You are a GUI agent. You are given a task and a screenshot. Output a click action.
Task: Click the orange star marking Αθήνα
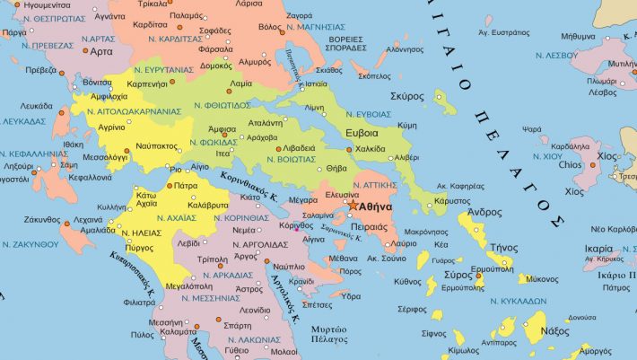pyautogui.click(x=353, y=206)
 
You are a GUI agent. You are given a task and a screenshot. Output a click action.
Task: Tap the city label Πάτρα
pyautogui.click(x=186, y=186)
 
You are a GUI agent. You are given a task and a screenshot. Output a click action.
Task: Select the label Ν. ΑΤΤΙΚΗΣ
pyautogui.click(x=373, y=183)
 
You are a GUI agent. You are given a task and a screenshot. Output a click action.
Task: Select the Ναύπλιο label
pyautogui.click(x=289, y=267)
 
